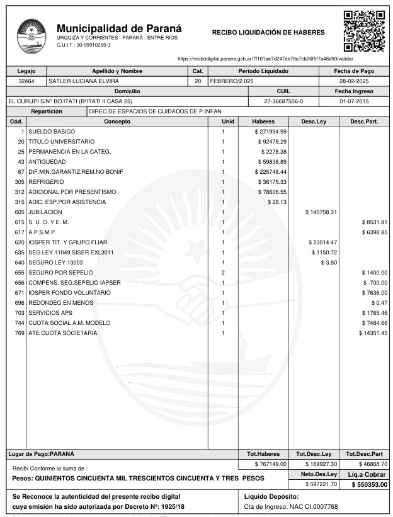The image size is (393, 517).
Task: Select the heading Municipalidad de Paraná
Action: [119, 28]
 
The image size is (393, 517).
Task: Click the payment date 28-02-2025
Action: [357, 81]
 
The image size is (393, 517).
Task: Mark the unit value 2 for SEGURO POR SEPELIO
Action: [223, 272]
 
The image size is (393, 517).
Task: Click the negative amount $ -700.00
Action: [374, 282]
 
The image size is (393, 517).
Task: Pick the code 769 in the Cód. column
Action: [19, 332]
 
